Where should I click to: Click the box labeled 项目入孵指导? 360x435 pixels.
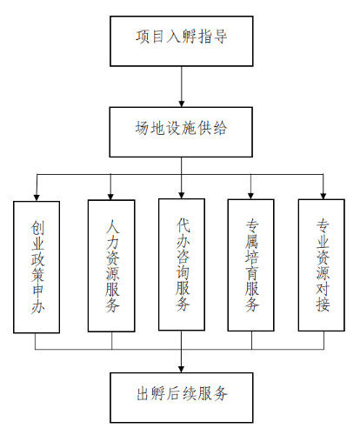(182, 38)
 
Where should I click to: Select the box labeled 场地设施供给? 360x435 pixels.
(182, 129)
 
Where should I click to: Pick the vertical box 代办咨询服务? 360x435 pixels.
(182, 265)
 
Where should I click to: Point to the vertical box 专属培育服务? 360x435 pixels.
(252, 265)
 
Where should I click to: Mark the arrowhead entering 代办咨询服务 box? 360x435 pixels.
(182, 193)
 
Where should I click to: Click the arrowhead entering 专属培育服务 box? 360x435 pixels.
(252, 193)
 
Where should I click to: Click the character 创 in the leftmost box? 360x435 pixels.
(37, 228)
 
